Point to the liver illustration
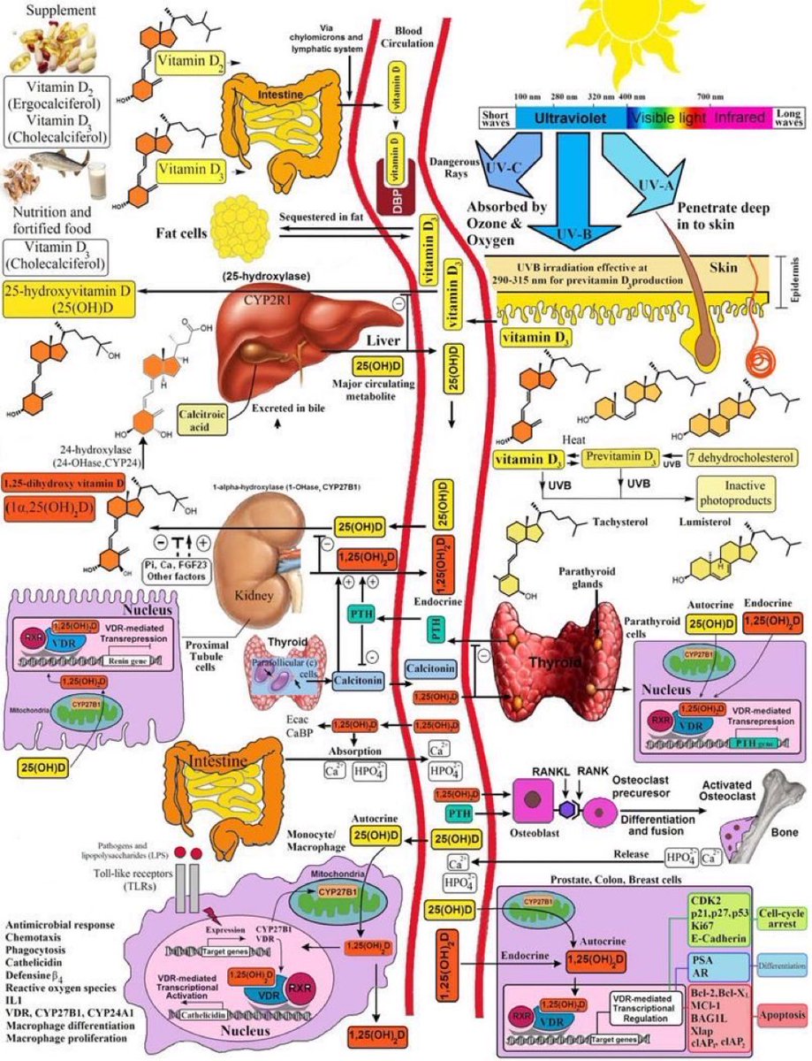(300, 332)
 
